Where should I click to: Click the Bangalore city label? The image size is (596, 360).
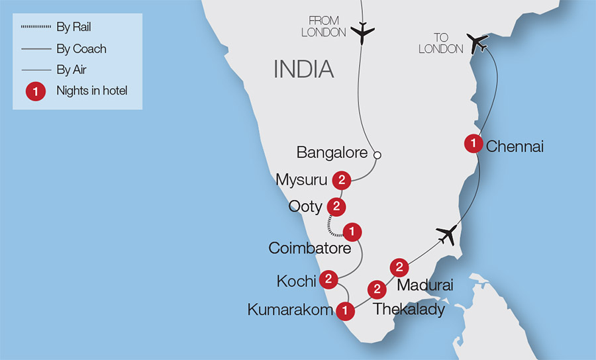coord(332,153)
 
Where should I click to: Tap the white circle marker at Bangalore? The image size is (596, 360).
coord(377,156)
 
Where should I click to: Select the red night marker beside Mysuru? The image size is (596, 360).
coord(342,179)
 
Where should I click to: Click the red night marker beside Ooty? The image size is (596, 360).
coord(336,206)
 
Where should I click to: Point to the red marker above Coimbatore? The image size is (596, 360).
coord(353,232)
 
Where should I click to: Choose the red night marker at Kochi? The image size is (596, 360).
coord(328,279)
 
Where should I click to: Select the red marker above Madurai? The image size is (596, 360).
coord(399,267)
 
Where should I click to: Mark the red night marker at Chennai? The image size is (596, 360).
coord(473,143)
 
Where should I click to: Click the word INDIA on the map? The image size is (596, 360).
coord(304,69)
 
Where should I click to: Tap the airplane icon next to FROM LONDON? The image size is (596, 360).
coord(362,32)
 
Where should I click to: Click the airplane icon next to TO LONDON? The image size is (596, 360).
coord(477,43)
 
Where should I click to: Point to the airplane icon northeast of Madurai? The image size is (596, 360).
coord(447,234)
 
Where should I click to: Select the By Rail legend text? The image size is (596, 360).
coord(74,28)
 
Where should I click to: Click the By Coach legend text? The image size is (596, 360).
coord(81,49)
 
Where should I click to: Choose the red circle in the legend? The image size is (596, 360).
coord(36,91)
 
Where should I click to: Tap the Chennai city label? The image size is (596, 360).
coord(515,146)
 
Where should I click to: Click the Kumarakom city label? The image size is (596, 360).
coord(289,309)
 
